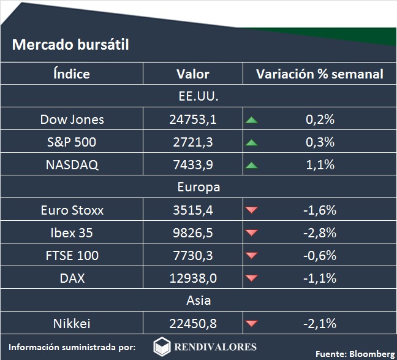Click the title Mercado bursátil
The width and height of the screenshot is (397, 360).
70,45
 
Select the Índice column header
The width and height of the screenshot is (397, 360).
72,74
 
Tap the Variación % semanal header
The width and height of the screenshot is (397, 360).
320,74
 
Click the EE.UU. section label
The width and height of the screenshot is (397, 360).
198,96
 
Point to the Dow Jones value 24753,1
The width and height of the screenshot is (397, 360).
193,120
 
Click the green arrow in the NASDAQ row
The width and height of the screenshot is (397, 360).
251,166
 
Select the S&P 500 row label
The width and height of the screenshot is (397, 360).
72,142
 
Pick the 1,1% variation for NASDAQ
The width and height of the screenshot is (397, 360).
320,165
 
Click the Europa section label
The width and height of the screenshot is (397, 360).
198,187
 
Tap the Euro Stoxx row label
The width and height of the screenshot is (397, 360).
72,210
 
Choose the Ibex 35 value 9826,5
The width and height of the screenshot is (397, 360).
193,232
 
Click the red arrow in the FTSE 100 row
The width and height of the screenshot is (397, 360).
251,255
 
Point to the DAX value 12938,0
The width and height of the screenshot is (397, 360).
193,278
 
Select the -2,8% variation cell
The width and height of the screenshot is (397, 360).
320,232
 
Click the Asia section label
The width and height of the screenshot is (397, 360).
198,301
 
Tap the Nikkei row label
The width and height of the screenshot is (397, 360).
72,323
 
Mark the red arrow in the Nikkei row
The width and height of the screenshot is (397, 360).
251,323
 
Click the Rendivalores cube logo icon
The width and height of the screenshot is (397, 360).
162,347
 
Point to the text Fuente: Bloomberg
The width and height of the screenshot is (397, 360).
355,354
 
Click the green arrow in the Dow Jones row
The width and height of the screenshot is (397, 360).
251,120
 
